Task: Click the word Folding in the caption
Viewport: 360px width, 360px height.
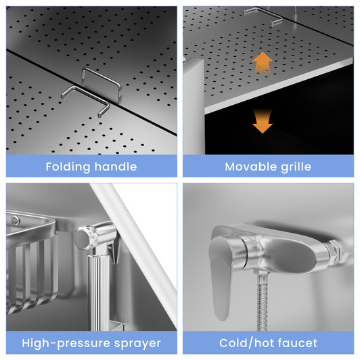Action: coord(68,167)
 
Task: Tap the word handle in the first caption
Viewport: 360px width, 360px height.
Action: coord(116,166)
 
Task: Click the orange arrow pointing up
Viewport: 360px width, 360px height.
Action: coord(263,63)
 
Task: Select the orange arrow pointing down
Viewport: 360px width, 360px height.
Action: coord(263,121)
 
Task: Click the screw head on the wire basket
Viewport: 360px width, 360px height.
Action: coord(16,220)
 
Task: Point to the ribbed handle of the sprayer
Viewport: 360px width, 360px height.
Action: coord(99,292)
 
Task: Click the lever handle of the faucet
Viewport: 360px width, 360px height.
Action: coord(221,275)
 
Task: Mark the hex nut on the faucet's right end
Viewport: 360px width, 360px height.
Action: coord(334,252)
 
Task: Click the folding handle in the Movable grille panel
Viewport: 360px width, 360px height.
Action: coord(264,16)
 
